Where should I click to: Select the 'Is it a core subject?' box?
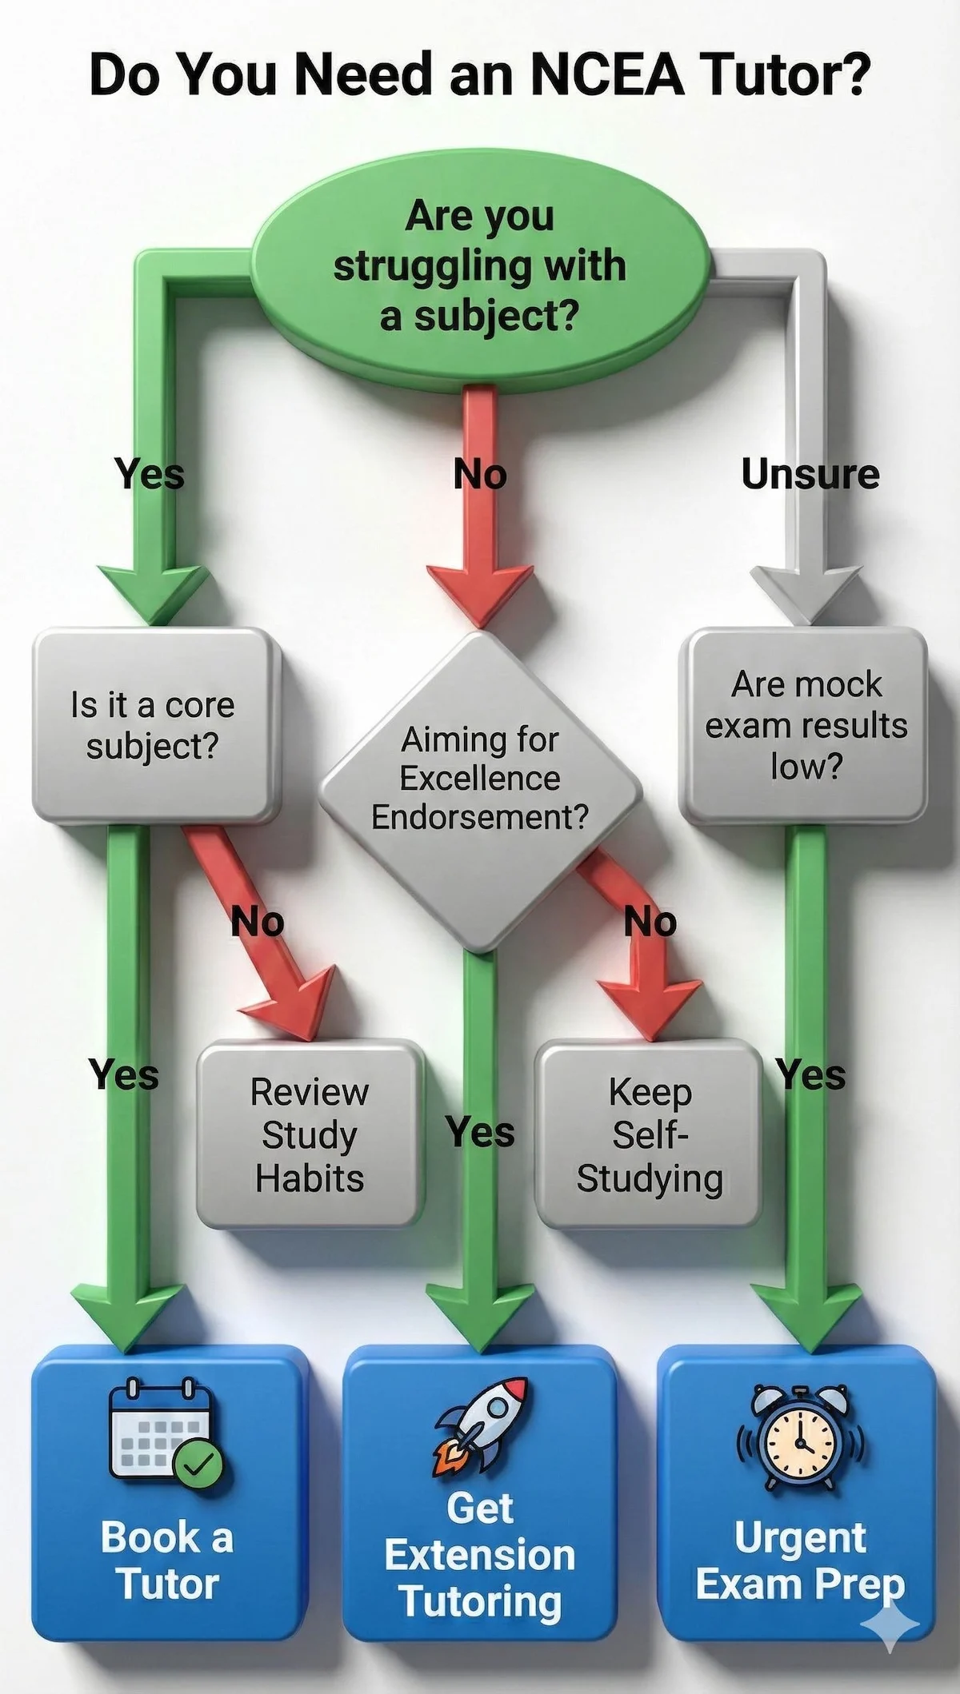[x=152, y=726]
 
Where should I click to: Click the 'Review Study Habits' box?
[x=310, y=1135]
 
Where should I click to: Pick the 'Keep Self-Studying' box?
[x=649, y=1135]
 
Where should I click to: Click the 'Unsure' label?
[x=810, y=475]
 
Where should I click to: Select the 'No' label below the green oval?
[x=480, y=475]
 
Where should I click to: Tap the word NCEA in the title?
[x=607, y=74]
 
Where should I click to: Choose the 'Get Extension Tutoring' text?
[x=480, y=1555]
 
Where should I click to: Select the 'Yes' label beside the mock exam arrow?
[x=810, y=1074]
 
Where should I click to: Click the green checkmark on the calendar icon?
[x=198, y=1464]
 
